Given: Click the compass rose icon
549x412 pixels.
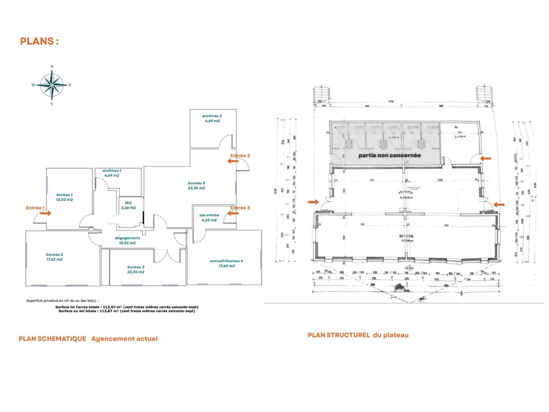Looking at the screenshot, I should tap(51, 85).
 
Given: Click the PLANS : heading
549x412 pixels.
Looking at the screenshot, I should tap(39, 41).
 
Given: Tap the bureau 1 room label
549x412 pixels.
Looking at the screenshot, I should tap(64, 197).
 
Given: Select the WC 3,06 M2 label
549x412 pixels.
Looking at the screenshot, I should tap(128, 205).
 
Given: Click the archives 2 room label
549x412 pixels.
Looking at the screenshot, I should tap(212, 118).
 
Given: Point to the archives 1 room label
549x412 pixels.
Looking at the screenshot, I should tap(112, 173).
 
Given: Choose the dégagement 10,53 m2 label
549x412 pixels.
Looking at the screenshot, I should tap(127, 240).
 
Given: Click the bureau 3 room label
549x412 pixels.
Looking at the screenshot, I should tap(136, 269).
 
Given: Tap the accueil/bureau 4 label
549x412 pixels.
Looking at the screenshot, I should tap(226, 263).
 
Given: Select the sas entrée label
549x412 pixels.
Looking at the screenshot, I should tap(209, 217).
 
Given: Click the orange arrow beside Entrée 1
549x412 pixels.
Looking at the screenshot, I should tap(45, 213).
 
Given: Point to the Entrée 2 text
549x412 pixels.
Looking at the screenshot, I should tap(240, 156).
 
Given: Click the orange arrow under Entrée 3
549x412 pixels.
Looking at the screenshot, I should tap(233, 213).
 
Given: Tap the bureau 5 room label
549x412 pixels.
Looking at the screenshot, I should tap(196, 185).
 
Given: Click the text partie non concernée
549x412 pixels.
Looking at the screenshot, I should tap(390, 155).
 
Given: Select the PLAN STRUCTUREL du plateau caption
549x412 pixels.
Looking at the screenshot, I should tap(358, 335).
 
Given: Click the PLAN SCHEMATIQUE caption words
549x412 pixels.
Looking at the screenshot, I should tap(52, 339).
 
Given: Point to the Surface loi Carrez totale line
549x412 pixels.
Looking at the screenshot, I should tap(127, 307).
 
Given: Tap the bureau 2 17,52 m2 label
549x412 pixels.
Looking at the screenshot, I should tap(54, 257).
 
